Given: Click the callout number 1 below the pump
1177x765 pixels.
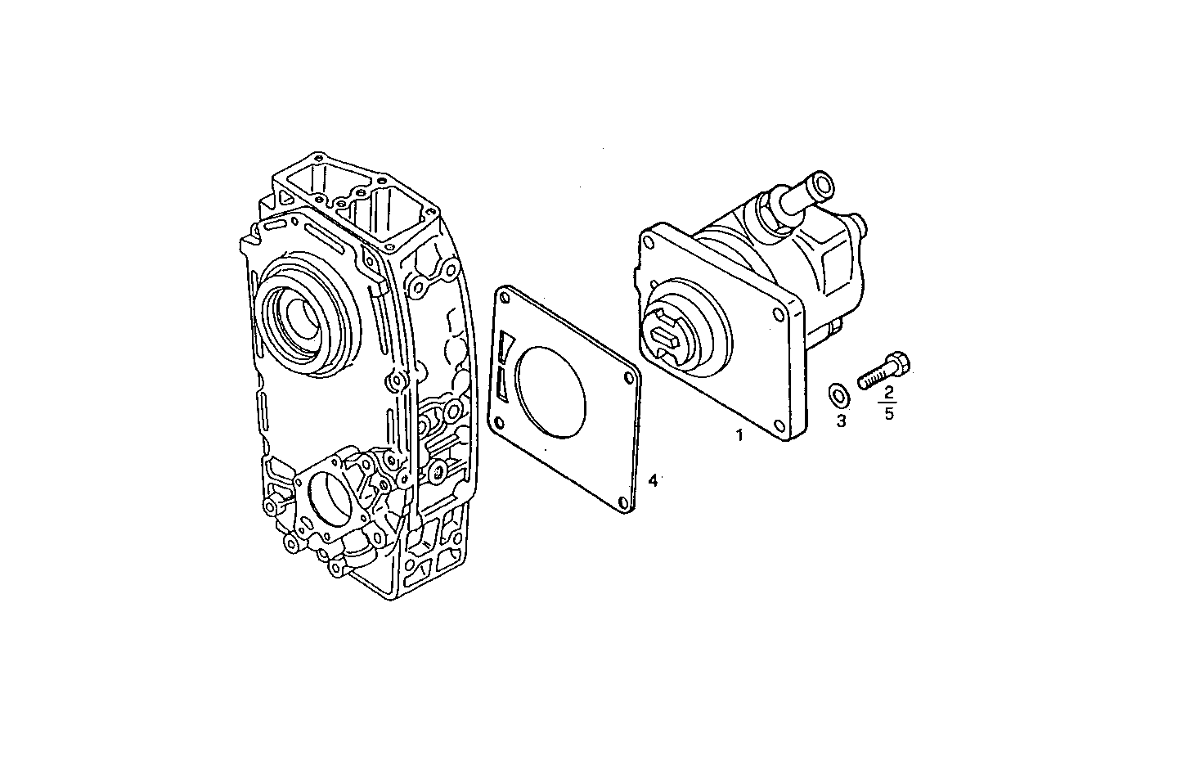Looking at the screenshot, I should click(x=739, y=435).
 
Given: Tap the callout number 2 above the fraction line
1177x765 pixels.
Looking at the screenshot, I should click(x=889, y=394).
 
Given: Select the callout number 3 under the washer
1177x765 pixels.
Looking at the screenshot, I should click(x=841, y=421).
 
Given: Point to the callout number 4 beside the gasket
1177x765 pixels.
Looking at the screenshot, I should click(x=652, y=481).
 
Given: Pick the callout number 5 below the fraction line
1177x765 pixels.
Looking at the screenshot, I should click(x=889, y=413).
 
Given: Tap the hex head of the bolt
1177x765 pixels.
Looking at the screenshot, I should click(x=900, y=361).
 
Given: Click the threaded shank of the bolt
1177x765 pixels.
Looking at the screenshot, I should click(x=874, y=376).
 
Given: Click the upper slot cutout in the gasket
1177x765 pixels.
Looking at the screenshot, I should click(x=505, y=347).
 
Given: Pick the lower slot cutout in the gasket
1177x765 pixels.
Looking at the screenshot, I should click(x=502, y=383).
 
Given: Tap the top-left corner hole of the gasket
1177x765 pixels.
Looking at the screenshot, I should click(x=504, y=299).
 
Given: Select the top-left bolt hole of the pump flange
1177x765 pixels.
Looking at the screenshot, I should click(x=649, y=242).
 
